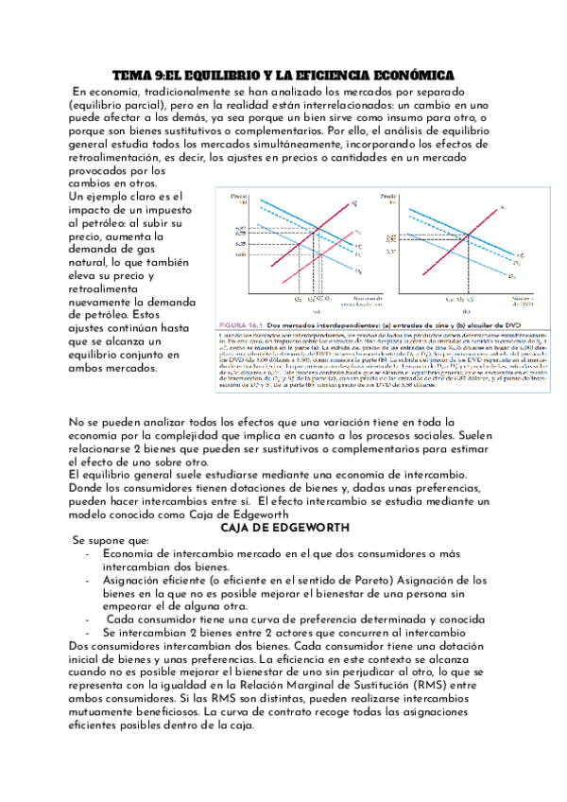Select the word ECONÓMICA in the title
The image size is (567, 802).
(407, 74)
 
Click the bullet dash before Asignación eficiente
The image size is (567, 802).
(87, 580)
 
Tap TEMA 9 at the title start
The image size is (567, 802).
(139, 74)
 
